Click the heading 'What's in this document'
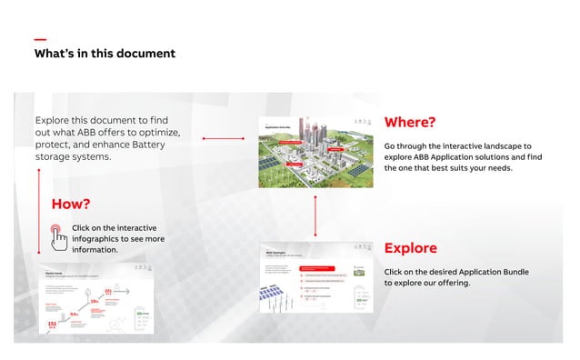tap(105, 54)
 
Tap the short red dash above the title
tap(40, 39)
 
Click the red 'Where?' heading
tap(410, 123)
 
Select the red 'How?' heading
tap(71, 204)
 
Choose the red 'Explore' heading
tap(410, 248)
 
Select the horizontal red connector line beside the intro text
tap(224, 139)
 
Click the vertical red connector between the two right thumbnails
tap(315, 215)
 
